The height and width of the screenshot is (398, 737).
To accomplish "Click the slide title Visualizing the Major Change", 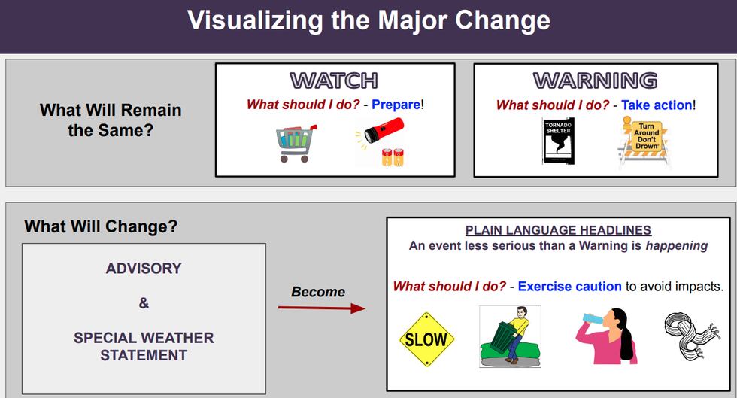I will [368, 20].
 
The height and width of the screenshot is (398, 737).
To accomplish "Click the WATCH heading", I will [334, 80].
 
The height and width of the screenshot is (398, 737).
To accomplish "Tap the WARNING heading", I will [594, 81].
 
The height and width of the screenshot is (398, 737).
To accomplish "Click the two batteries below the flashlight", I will [393, 156].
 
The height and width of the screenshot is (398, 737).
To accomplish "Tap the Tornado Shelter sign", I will [558, 141].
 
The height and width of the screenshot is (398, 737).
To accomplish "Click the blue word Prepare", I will [396, 105].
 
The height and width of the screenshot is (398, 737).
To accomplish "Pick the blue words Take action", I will [656, 105].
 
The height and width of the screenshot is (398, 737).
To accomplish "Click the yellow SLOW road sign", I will [426, 339].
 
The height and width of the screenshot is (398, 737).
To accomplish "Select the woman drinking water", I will [609, 336].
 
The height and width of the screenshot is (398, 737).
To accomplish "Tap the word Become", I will [318, 292].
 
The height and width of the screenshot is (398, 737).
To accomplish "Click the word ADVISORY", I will [144, 269].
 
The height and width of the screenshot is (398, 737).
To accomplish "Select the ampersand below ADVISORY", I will [144, 303].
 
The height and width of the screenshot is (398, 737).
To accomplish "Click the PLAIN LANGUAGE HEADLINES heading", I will [558, 230].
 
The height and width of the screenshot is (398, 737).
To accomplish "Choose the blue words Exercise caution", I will [569, 287].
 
